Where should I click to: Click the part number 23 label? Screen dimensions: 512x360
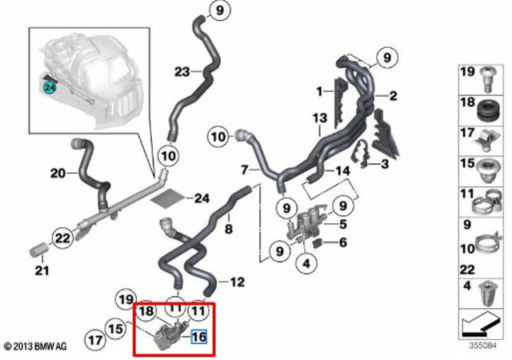click(182, 71)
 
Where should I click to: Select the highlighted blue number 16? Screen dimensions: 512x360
click(199, 337)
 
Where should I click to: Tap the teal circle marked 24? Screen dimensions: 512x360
click(50, 87)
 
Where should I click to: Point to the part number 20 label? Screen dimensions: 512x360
click(58, 173)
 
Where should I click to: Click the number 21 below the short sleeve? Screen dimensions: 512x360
click(42, 270)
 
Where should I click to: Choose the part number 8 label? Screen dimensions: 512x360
click(229, 228)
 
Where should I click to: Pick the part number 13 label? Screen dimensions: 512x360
click(319, 118)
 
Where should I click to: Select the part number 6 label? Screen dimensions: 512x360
click(342, 242)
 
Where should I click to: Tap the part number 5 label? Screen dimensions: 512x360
click(342, 225)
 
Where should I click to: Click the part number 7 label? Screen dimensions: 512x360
click(245, 170)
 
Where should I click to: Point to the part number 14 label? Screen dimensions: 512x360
click(342, 170)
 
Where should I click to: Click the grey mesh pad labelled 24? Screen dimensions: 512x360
click(169, 198)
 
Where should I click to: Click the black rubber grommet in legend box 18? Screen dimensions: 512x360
click(488, 110)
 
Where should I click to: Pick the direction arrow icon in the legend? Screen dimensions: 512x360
click(481, 324)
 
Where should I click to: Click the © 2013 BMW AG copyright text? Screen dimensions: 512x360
click(35, 346)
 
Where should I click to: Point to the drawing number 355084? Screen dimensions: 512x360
click(482, 346)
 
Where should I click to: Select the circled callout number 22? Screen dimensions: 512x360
click(62, 238)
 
